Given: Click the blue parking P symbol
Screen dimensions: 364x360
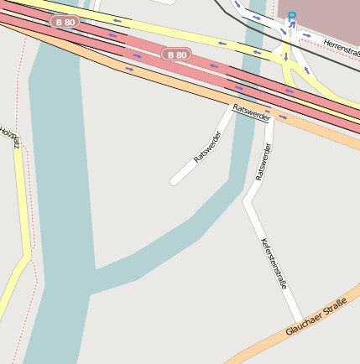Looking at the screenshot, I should (292, 16).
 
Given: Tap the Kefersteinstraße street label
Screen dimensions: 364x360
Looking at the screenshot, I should (274, 263).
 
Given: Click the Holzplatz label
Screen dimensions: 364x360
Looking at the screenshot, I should (9, 137).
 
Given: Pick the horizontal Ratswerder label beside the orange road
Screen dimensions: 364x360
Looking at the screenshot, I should (252, 113).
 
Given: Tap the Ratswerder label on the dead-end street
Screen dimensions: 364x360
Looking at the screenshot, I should (206, 146).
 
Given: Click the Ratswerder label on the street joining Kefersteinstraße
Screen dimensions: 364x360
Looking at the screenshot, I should (263, 162).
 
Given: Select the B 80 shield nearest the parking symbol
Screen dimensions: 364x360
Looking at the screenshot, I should (176, 55).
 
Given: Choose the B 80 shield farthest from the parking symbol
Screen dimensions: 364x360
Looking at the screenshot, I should (65, 22).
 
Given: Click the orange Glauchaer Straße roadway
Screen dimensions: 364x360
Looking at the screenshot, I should (252, 346).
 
